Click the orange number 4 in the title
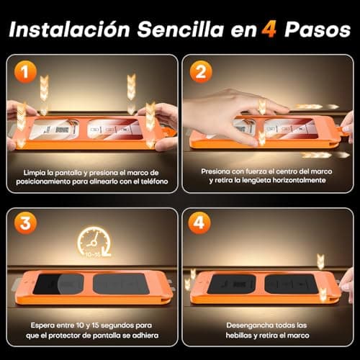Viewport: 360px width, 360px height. [269, 30]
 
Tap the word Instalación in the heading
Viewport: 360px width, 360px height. [69, 30]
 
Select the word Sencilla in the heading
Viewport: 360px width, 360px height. [181, 30]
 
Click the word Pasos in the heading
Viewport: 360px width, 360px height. [318, 30]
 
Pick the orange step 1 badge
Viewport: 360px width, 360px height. [25, 72]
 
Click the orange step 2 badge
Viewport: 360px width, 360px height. [201, 72]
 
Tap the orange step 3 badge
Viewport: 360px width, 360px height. [25, 223]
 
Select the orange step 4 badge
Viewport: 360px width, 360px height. [199, 223]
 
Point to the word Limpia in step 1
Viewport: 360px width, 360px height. [35, 173]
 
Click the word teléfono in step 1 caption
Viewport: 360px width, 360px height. [154, 181]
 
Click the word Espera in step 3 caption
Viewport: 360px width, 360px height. [42, 325]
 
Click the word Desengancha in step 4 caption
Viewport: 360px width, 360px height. [248, 325]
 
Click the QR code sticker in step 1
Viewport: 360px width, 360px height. [62, 130]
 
